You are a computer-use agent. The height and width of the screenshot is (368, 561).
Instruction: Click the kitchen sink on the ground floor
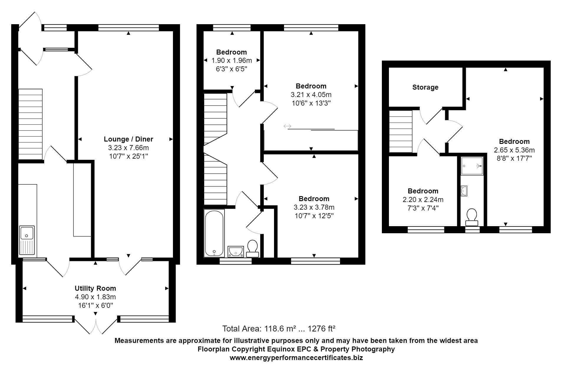point(27,240)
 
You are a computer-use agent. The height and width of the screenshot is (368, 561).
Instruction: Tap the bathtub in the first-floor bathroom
point(214,233)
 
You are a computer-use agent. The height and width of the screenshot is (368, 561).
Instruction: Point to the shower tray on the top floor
point(472,166)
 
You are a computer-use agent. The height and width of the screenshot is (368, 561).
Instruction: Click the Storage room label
point(425,87)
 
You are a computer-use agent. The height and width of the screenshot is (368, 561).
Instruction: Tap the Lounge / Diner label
point(128,139)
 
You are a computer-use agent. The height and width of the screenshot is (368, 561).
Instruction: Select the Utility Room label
point(95,288)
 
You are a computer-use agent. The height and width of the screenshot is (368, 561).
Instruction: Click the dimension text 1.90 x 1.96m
point(232,61)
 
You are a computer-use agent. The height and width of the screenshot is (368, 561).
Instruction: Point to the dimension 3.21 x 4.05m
point(311,95)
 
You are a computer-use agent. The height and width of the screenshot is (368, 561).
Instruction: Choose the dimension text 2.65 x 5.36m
point(514,150)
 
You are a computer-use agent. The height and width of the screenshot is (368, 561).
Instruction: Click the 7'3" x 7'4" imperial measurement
point(423,208)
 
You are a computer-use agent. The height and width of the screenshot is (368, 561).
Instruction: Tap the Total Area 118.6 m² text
point(279,328)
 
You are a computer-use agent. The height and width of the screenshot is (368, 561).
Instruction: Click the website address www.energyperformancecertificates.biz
point(296,358)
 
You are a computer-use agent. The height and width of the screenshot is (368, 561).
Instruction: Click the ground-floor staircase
point(30,124)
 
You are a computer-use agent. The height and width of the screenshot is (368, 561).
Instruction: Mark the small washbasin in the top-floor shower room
point(464,191)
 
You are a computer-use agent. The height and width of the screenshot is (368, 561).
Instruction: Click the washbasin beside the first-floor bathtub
point(236,251)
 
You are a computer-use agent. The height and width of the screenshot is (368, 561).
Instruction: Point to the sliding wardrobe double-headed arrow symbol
point(287,126)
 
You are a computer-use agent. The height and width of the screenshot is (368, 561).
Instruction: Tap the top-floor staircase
point(400,131)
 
